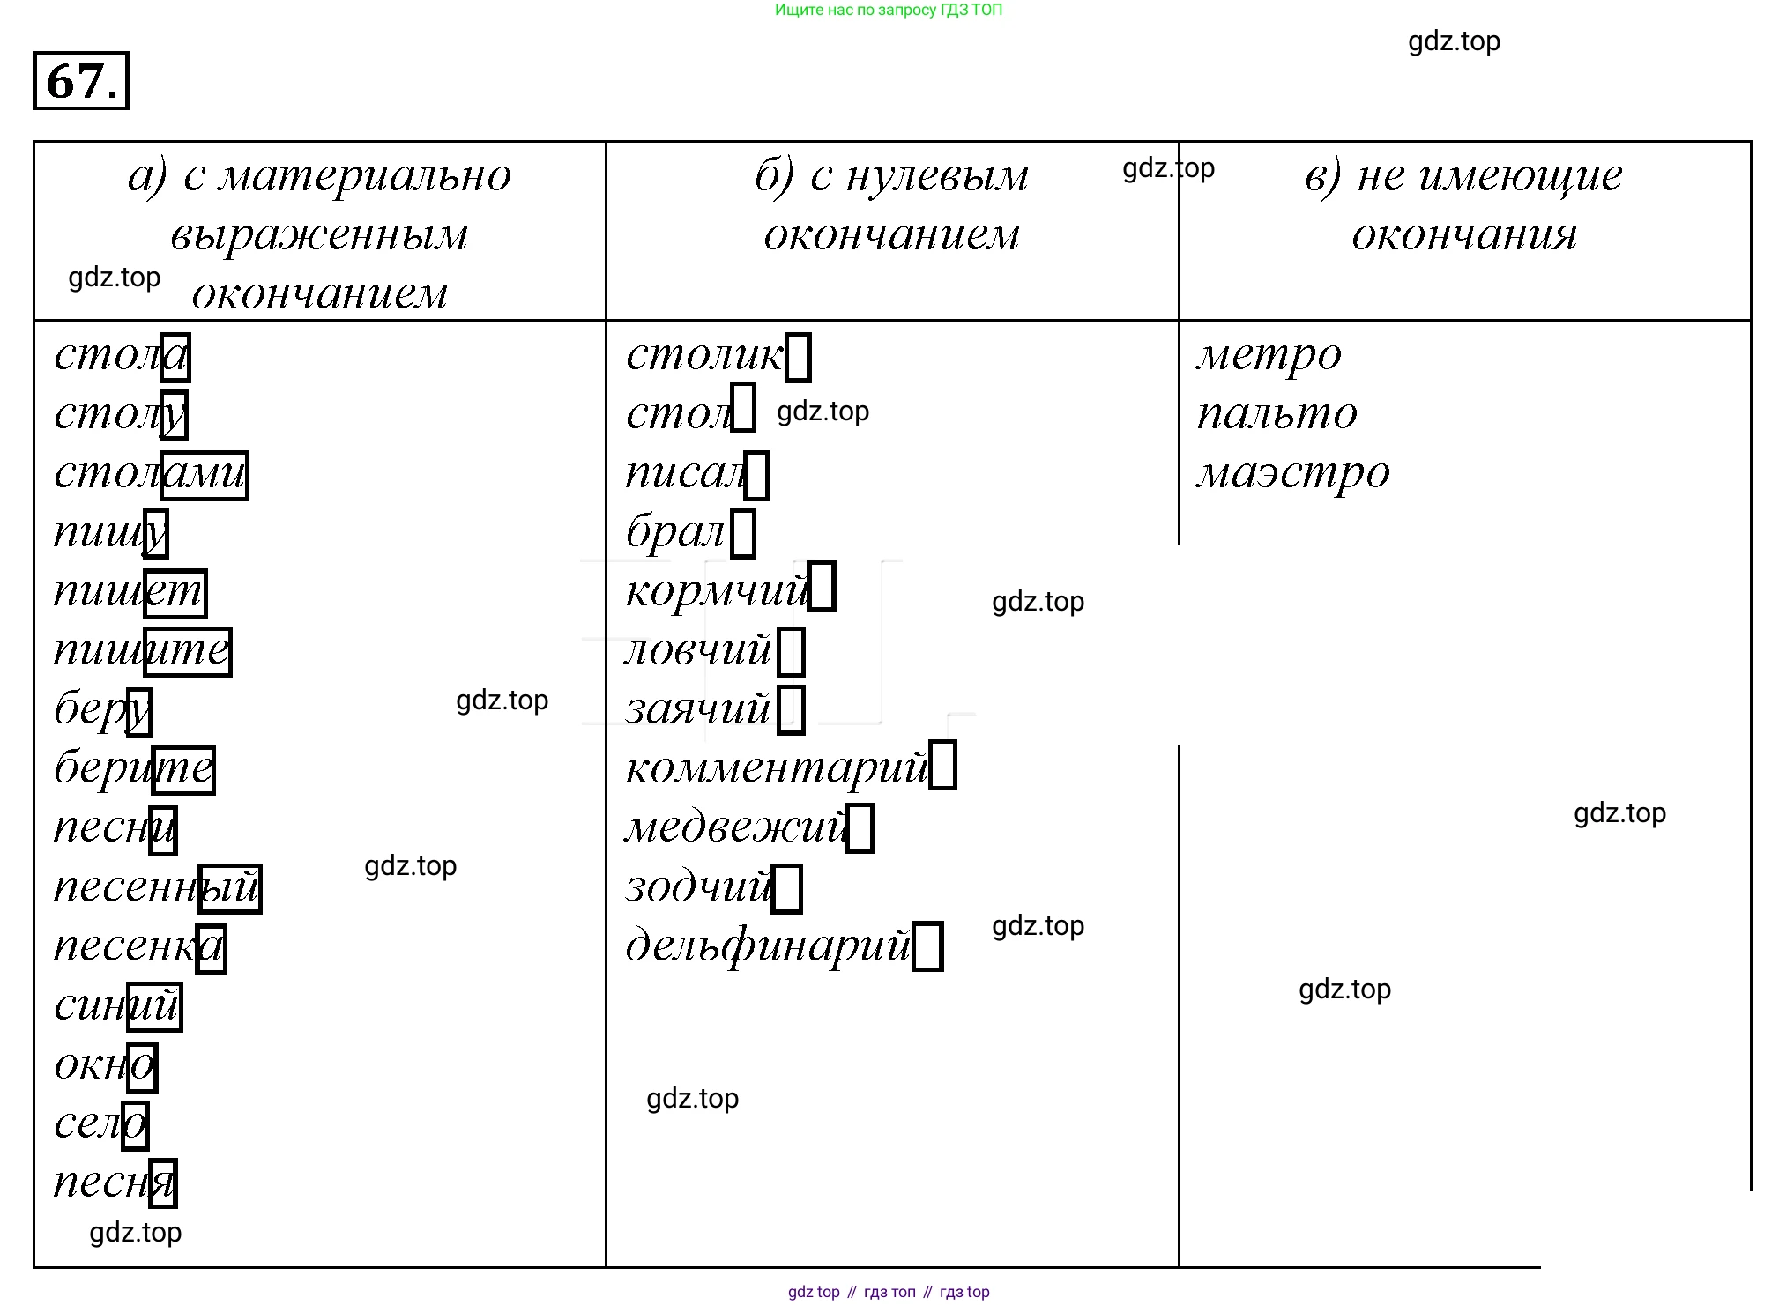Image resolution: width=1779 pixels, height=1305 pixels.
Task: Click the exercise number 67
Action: pyautogui.click(x=80, y=81)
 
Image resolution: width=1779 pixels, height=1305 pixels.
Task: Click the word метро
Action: pyautogui.click(x=1269, y=355)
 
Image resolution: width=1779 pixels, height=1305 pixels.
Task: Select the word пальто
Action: pyautogui.click(x=1277, y=414)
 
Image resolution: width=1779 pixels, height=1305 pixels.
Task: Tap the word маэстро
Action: pyautogui.click(x=1292, y=473)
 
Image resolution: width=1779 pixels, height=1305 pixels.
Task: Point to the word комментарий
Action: pyautogui.click(x=777, y=767)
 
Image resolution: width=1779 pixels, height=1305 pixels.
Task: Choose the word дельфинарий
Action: pyautogui.click(x=767, y=945)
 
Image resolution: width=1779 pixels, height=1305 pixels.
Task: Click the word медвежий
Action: pyautogui.click(x=736, y=827)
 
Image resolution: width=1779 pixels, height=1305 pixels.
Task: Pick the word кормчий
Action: pyautogui.click(x=716, y=590)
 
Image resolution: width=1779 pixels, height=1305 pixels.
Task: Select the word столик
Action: pyautogui.click(x=703, y=355)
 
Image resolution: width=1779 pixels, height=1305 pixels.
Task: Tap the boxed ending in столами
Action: pyautogui.click(x=204, y=475)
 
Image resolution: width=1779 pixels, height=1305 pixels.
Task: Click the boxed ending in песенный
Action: pyautogui.click(x=230, y=888)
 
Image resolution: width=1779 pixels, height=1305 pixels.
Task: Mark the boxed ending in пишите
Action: pyautogui.click(x=187, y=652)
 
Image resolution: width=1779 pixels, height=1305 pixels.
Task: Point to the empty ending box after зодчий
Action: pyautogui.click(x=787, y=887)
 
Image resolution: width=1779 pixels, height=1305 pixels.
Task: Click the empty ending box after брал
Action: pyautogui.click(x=743, y=533)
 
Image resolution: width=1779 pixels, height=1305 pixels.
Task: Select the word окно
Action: pyautogui.click(x=105, y=1065)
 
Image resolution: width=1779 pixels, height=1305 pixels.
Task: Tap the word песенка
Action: pyautogui.click(x=138, y=947)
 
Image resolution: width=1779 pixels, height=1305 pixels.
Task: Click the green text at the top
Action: pyautogui.click(x=888, y=10)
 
